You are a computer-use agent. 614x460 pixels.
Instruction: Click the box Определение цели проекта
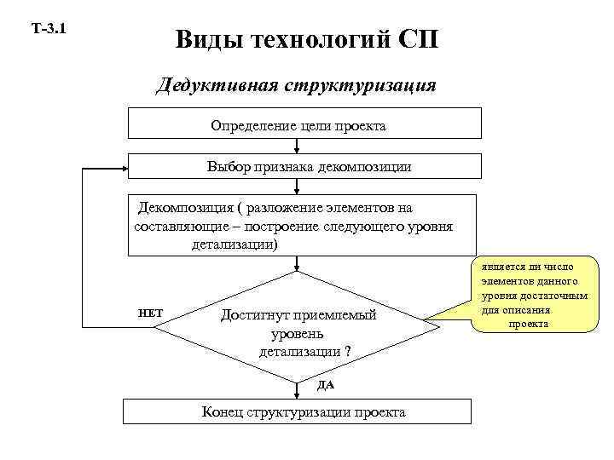click(x=298, y=125)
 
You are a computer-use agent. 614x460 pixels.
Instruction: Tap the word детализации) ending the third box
click(x=235, y=244)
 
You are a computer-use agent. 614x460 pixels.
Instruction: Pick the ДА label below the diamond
click(x=326, y=384)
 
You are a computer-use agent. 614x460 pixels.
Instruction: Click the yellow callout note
click(x=534, y=295)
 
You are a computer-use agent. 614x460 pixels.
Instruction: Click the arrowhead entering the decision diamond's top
click(x=298, y=270)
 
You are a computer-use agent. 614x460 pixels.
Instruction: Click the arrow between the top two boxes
click(x=298, y=145)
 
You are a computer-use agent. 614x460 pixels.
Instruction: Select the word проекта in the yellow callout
click(x=529, y=324)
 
